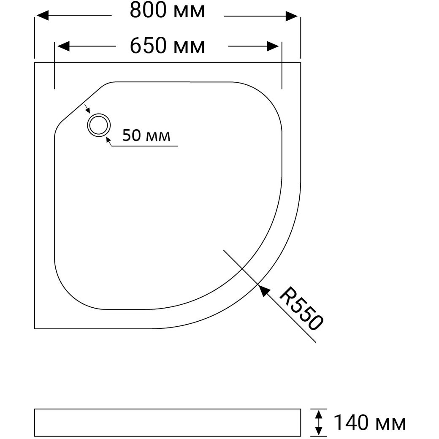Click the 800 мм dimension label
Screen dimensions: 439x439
pos(168,11)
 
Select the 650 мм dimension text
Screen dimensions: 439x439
pos(168,46)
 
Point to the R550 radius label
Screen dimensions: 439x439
pos(301,308)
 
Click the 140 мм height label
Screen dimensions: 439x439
pos(370,423)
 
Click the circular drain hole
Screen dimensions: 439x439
pos(99,125)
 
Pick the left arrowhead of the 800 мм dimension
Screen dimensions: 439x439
pos(43,16)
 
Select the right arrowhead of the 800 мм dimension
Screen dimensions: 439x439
pos(292,16)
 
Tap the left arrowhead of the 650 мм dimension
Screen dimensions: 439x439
pos(63,46)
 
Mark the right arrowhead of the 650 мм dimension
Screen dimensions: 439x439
pos(273,46)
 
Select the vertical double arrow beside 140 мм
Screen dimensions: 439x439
pos(319,423)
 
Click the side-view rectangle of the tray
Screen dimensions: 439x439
pos(168,423)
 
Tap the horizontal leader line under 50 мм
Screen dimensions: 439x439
pos(145,146)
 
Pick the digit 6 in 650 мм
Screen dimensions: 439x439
pos(135,46)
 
